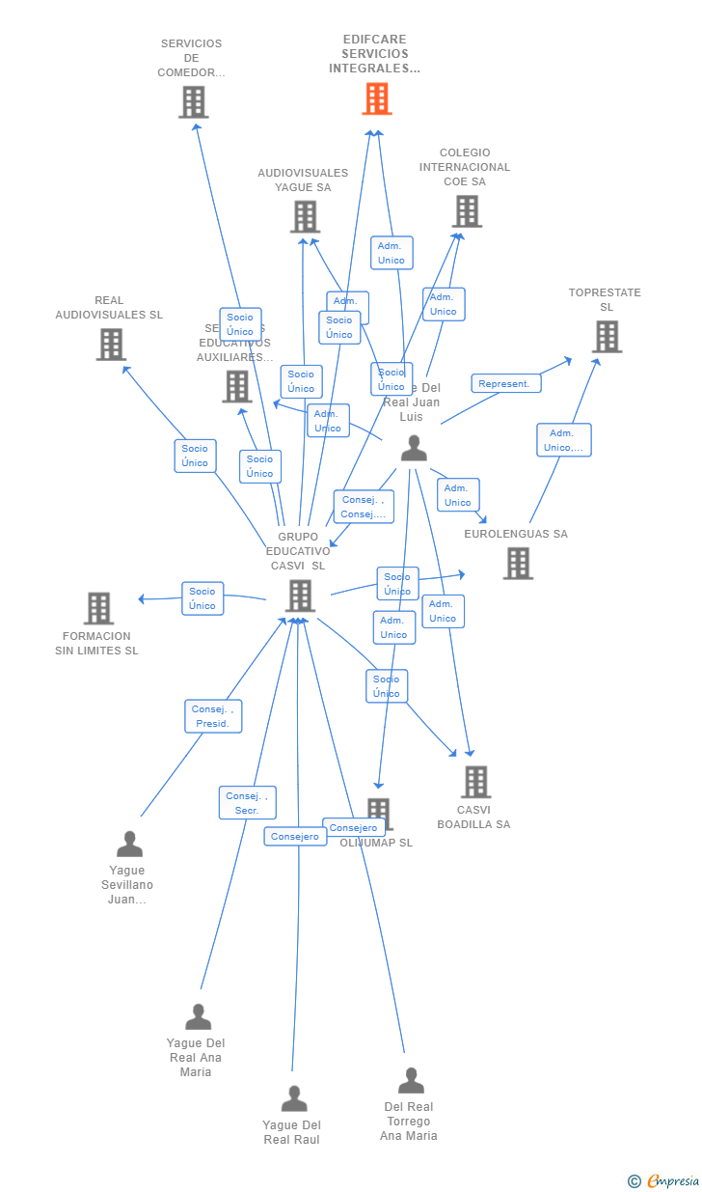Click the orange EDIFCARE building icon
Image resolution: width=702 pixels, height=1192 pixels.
(377, 98)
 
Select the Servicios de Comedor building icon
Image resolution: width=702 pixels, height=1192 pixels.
(193, 102)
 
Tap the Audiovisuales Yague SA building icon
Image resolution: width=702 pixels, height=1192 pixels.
(305, 217)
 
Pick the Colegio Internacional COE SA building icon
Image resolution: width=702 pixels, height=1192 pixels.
(467, 211)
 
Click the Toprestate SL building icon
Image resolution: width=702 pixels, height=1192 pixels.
(607, 337)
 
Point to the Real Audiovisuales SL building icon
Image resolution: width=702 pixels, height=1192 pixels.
(111, 345)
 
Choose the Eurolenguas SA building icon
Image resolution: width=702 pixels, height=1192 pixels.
(518, 564)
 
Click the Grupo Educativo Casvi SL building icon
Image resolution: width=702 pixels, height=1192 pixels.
(301, 596)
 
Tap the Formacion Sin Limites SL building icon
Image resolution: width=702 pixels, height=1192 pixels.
(98, 608)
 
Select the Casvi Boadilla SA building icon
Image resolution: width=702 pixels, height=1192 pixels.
(475, 782)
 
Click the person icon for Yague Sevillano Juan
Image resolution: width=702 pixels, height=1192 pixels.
(129, 845)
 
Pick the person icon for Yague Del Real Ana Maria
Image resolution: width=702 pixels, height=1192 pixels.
(198, 1017)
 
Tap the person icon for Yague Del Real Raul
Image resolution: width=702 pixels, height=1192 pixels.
(293, 1099)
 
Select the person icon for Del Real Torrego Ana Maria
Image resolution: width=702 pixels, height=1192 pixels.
(411, 1081)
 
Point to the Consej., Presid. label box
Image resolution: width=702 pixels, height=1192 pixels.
(213, 716)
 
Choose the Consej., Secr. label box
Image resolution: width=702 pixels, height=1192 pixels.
(247, 803)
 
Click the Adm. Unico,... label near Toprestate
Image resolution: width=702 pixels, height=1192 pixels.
(564, 440)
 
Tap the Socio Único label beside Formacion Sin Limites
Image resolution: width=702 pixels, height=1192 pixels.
(202, 598)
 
